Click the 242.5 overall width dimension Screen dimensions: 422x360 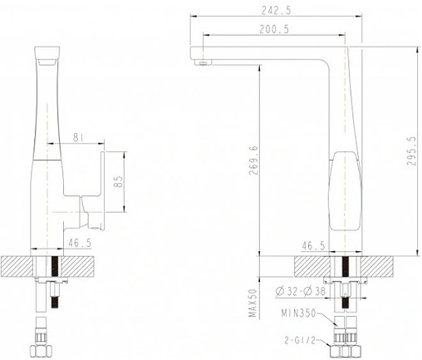276,11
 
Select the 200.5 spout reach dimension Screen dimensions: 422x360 274,29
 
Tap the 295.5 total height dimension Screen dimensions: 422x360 412,150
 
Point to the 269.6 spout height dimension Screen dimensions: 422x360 253,160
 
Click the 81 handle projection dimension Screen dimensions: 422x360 78,137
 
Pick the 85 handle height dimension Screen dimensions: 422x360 118,181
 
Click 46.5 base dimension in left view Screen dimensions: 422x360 80,244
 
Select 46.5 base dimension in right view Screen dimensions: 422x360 313,245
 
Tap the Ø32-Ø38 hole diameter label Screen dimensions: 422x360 301,291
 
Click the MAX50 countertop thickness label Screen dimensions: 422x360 253,303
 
